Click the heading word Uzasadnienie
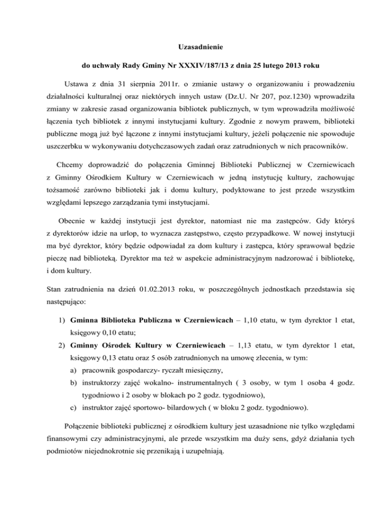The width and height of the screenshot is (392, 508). tap(196, 47)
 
